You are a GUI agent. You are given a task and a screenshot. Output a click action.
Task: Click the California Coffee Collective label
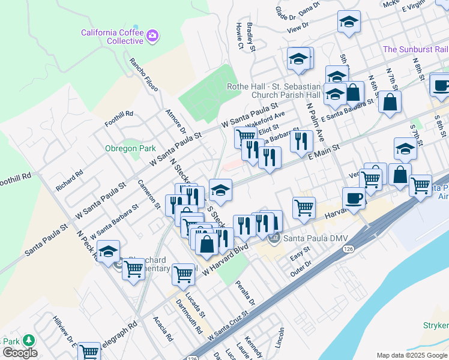(x=112, y=36)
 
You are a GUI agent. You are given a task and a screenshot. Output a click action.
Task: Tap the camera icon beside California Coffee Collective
(x=152, y=36)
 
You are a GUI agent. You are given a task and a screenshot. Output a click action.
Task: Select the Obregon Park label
(x=130, y=148)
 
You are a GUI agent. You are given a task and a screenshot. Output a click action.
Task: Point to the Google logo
(x=19, y=353)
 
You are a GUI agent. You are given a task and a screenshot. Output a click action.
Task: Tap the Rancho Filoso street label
(x=144, y=74)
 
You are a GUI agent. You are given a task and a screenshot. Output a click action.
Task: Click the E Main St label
(x=324, y=151)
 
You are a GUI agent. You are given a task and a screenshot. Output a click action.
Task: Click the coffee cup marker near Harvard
(x=354, y=198)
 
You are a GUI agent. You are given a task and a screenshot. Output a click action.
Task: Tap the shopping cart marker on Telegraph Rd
(x=89, y=352)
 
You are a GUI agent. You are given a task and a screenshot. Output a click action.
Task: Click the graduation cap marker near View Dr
(x=349, y=22)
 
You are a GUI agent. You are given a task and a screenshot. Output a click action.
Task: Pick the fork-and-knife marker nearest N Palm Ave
(x=301, y=141)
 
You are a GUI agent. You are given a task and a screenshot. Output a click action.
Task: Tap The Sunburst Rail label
(x=415, y=49)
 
